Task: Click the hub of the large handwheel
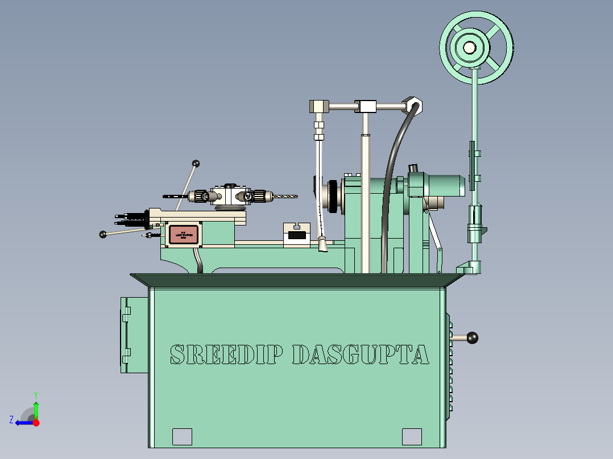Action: pyautogui.click(x=469, y=48)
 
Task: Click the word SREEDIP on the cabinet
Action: pyautogui.click(x=226, y=354)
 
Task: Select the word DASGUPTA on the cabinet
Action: pyautogui.click(x=360, y=354)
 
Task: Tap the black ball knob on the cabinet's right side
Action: pyautogui.click(x=471, y=338)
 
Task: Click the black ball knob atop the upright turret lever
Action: pyautogui.click(x=196, y=164)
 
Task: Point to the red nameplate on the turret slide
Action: pyautogui.click(x=183, y=235)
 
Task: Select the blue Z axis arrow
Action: pyautogui.click(x=23, y=422)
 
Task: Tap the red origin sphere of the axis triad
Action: pyautogui.click(x=36, y=423)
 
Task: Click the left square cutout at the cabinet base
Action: pyautogui.click(x=182, y=436)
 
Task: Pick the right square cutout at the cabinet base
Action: pyautogui.click(x=412, y=436)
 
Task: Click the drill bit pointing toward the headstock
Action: pyautogui.click(x=287, y=197)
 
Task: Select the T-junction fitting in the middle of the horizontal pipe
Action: pyautogui.click(x=366, y=106)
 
